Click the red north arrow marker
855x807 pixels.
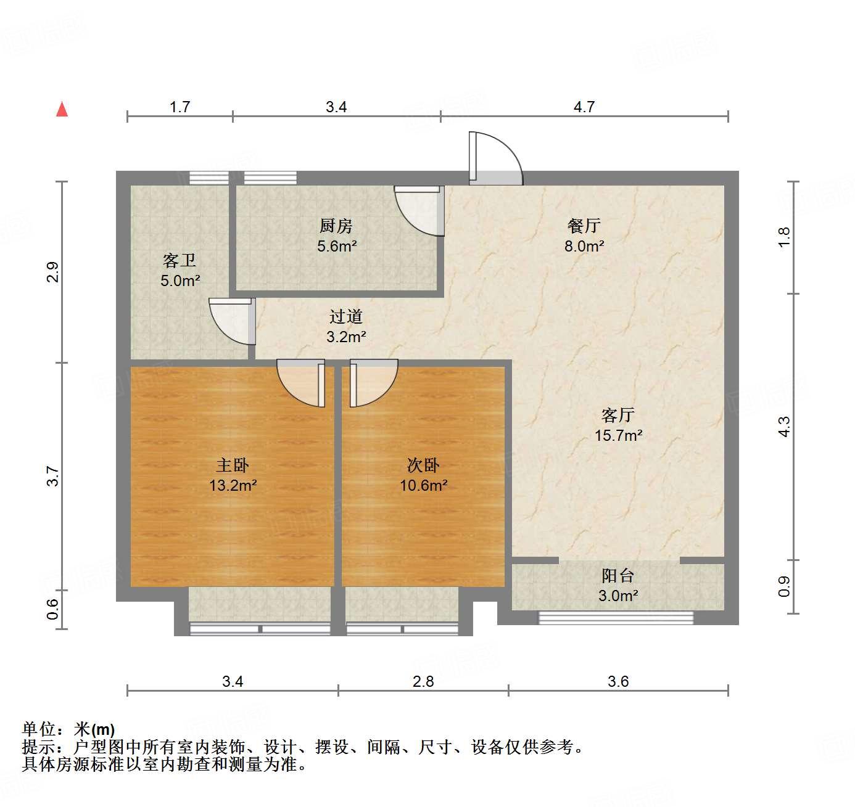tap(62, 109)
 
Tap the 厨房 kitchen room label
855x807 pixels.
tap(336, 226)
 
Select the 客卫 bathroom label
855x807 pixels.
tap(180, 261)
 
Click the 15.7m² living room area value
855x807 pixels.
tap(618, 435)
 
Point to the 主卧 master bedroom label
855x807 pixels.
tap(233, 465)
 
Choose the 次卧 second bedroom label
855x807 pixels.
tap(423, 465)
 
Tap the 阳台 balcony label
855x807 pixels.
tap(617, 576)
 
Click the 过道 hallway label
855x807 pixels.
tap(345, 317)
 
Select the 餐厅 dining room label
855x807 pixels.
tap(584, 226)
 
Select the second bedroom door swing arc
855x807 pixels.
tap(374, 383)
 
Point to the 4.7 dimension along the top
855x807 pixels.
tap(584, 107)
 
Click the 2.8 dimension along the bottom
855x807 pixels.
tap(423, 682)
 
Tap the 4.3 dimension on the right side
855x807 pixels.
tap(783, 427)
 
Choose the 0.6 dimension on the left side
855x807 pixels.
tap(53, 610)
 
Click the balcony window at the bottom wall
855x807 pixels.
tap(616, 617)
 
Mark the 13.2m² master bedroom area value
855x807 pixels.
tap(233, 486)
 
